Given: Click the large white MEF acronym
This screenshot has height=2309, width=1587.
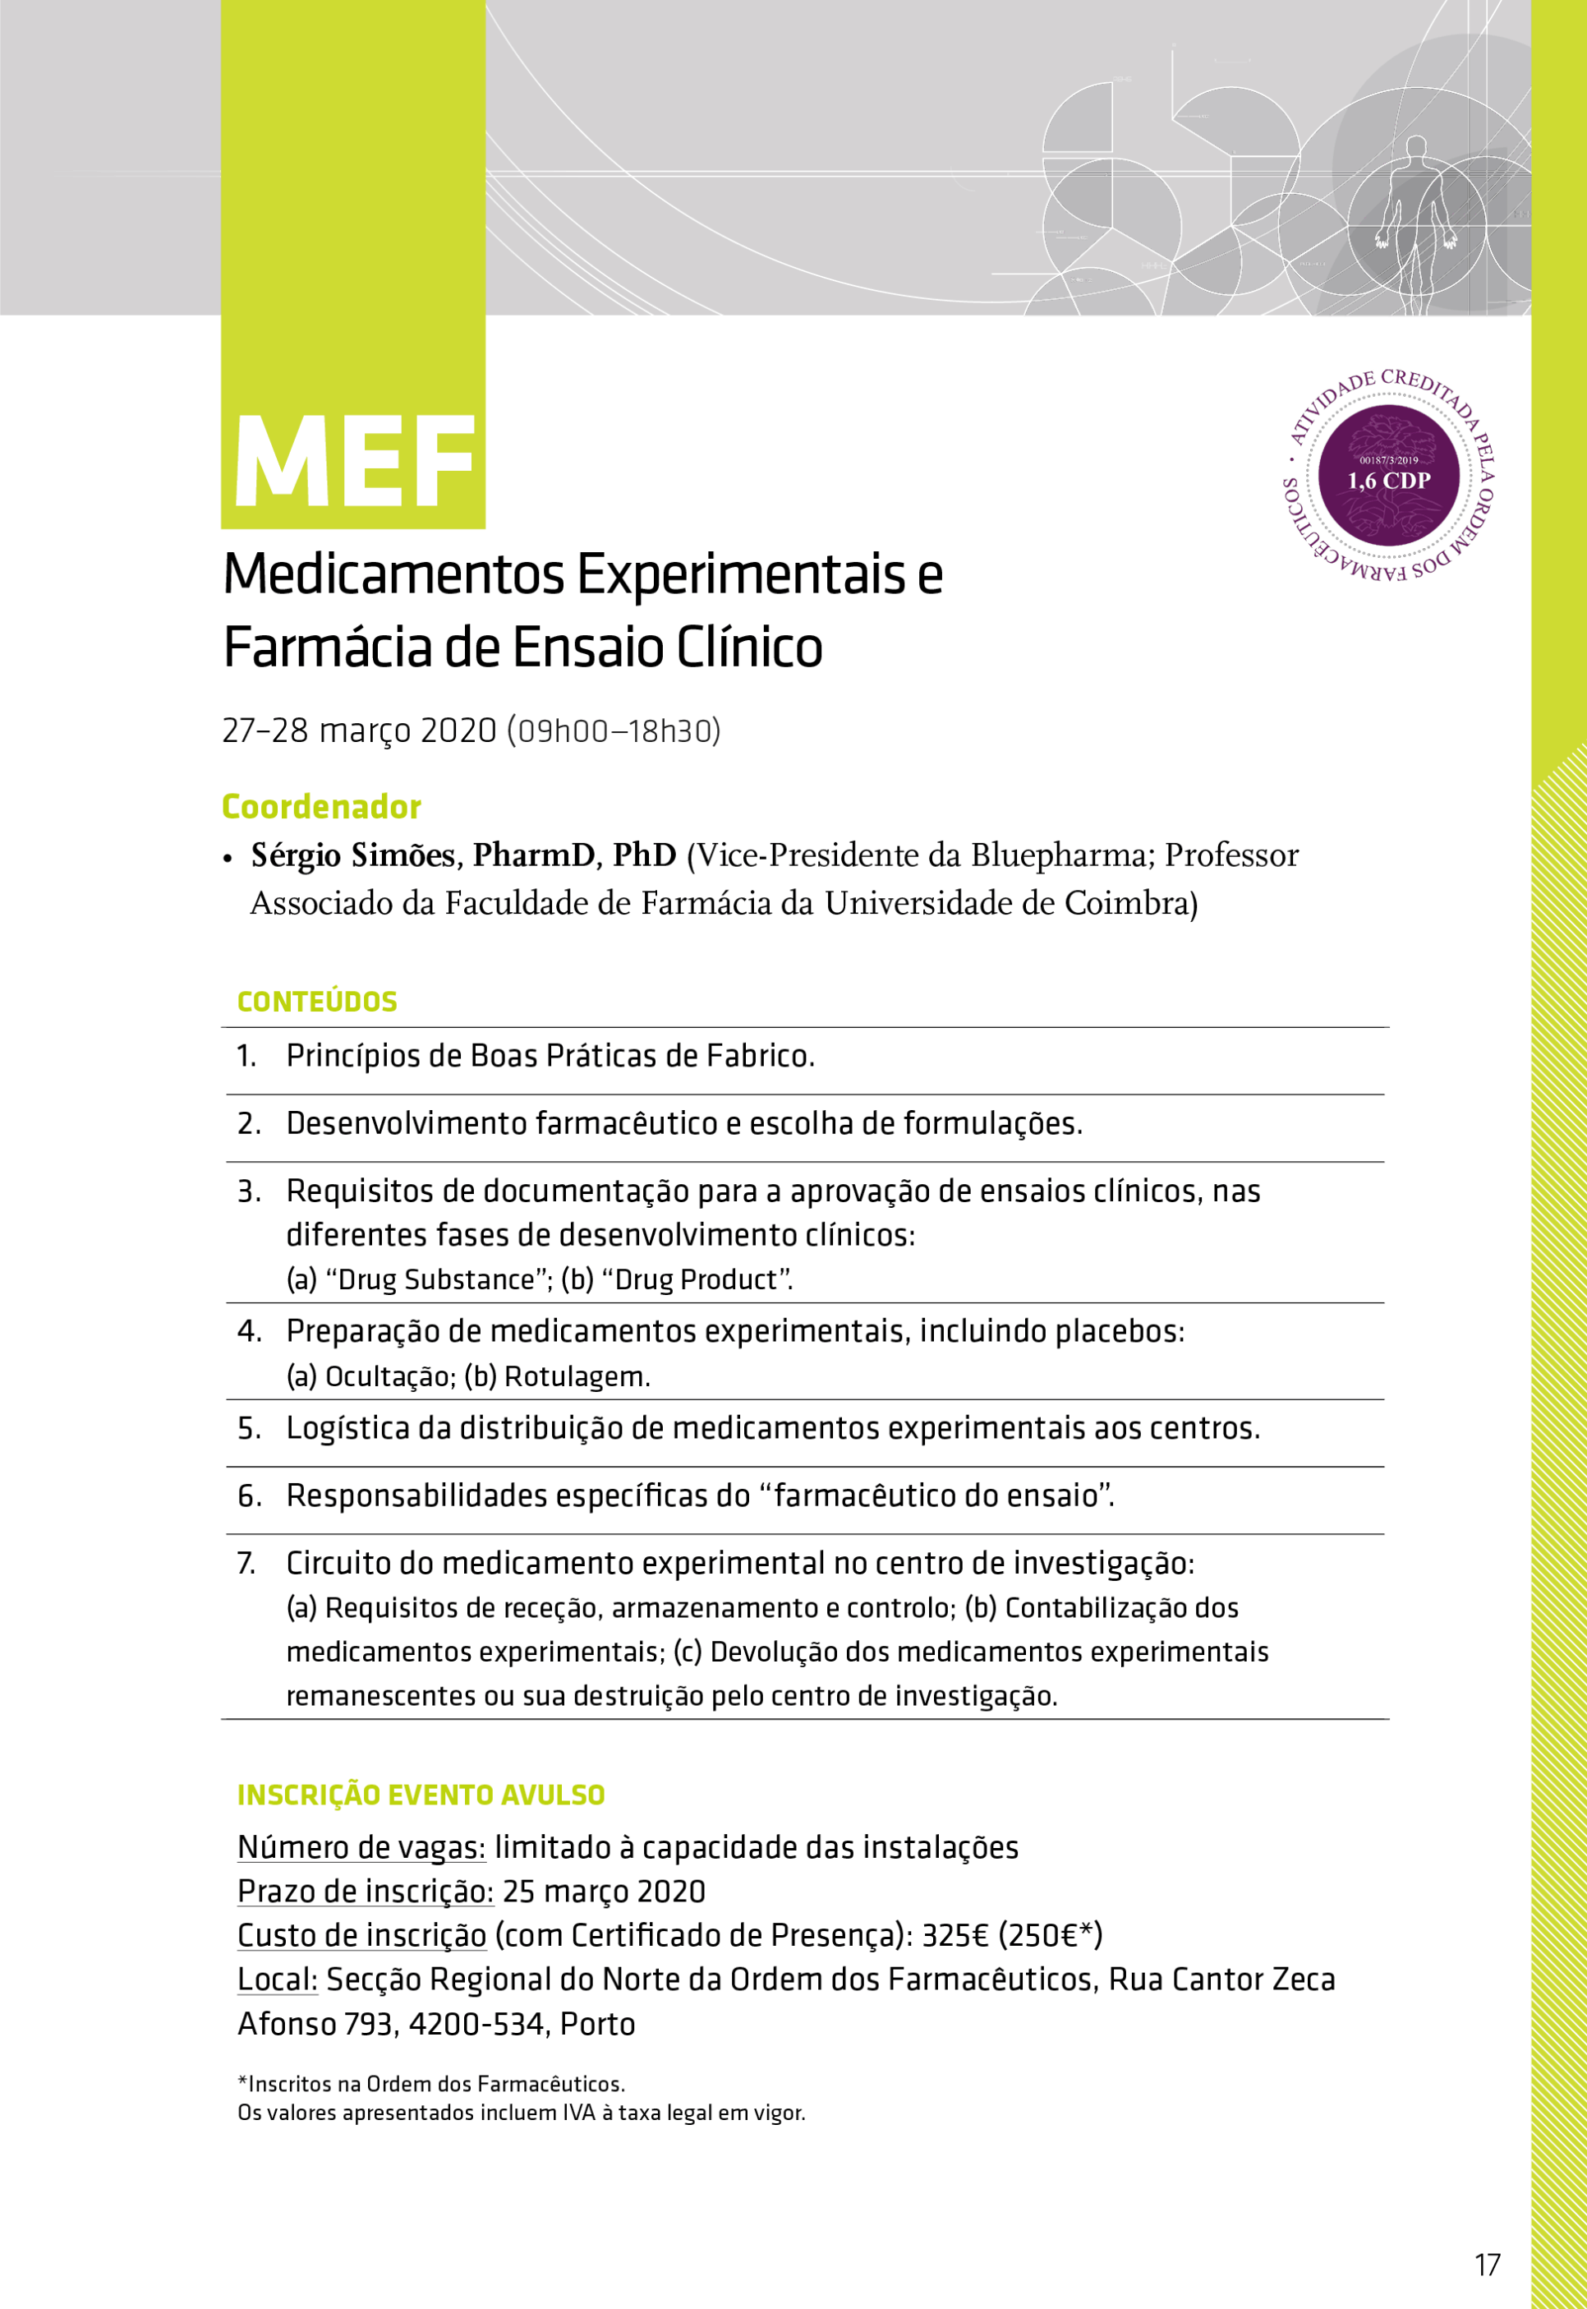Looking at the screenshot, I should click(x=354, y=463).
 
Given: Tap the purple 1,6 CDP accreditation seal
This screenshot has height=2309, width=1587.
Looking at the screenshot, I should click(x=1388, y=475).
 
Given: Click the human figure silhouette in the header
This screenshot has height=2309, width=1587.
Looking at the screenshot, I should click(x=1412, y=214).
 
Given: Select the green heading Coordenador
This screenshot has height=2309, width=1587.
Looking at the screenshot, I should click(x=321, y=806).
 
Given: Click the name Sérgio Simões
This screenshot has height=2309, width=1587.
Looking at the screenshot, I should click(x=353, y=855).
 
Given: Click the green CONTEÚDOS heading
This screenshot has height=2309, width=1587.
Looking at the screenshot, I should click(x=317, y=1002).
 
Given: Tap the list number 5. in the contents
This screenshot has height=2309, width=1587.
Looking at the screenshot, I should click(x=250, y=1429).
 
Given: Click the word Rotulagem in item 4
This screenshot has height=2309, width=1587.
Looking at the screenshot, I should click(x=577, y=1377).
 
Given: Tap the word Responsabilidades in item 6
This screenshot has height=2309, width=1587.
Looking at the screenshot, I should click(x=417, y=1496).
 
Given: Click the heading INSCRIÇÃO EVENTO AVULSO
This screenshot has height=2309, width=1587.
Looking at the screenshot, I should click(x=421, y=1795).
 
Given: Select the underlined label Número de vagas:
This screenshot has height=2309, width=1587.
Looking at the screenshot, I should click(x=361, y=1847).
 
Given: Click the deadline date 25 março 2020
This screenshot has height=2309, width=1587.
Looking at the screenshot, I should click(x=604, y=1892).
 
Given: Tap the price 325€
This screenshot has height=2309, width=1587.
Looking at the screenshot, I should click(x=954, y=1935).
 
